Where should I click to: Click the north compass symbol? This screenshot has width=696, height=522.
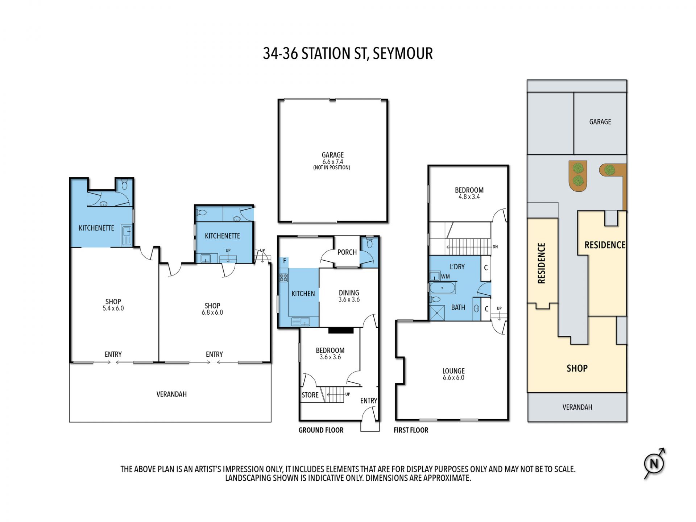pyautogui.click(x=654, y=464)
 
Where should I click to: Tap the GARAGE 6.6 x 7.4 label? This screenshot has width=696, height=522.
pyautogui.click(x=332, y=161)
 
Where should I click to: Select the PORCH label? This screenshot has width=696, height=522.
pyautogui.click(x=347, y=252)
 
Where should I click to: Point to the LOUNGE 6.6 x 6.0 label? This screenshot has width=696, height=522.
pyautogui.click(x=453, y=374)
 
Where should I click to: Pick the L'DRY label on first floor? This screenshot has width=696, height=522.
pyautogui.click(x=457, y=267)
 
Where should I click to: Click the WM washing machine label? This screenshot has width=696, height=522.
pyautogui.click(x=446, y=277)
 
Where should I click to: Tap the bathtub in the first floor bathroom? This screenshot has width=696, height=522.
pyautogui.click(x=442, y=288)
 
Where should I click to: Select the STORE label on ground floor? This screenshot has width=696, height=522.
pyautogui.click(x=310, y=395)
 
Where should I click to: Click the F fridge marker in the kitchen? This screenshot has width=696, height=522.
pyautogui.click(x=285, y=261)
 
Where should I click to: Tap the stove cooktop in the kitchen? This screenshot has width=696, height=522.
pyautogui.click(x=283, y=278)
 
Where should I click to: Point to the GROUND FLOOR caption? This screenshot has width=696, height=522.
pyautogui.click(x=321, y=430)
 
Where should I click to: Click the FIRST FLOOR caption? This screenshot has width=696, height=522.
pyautogui.click(x=411, y=430)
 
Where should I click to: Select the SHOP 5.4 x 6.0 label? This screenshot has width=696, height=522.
pyautogui.click(x=113, y=305)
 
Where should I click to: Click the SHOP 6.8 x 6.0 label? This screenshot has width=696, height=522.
pyautogui.click(x=212, y=309)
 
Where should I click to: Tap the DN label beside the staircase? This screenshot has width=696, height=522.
pyautogui.click(x=495, y=247)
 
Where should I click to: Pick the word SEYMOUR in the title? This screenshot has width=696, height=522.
pyautogui.click(x=403, y=54)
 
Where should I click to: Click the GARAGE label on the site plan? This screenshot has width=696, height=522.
pyautogui.click(x=600, y=122)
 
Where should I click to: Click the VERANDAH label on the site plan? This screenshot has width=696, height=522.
pyautogui.click(x=577, y=407)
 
